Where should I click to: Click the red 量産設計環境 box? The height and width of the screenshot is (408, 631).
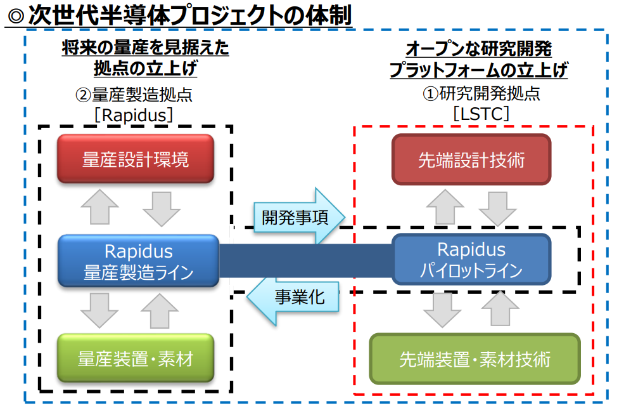click(135, 159)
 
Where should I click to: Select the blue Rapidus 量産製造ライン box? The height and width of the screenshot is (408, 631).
click(139, 261)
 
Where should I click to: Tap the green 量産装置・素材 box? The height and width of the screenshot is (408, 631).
click(135, 358)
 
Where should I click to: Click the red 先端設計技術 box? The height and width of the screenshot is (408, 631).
click(471, 160)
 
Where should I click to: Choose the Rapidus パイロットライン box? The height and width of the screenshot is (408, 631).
click(471, 260)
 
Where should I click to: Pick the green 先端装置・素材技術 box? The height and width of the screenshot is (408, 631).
click(475, 359)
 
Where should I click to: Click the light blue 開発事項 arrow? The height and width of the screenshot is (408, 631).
click(300, 217)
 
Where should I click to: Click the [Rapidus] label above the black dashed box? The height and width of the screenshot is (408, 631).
click(134, 115)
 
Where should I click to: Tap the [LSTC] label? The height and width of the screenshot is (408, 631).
click(481, 114)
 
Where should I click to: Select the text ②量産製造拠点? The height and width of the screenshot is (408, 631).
click(134, 95)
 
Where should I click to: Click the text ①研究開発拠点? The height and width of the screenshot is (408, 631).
click(481, 93)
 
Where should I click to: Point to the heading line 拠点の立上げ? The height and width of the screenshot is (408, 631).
click(145, 68)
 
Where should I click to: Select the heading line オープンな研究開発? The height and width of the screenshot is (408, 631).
click(478, 49)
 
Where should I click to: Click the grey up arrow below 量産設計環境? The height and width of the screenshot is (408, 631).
click(100, 207)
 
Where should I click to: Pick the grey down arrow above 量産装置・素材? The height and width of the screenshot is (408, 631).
click(99, 310)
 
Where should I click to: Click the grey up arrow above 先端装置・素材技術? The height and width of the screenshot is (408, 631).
click(500, 308)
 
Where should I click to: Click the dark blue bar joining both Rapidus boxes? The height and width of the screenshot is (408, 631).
click(305, 260)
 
